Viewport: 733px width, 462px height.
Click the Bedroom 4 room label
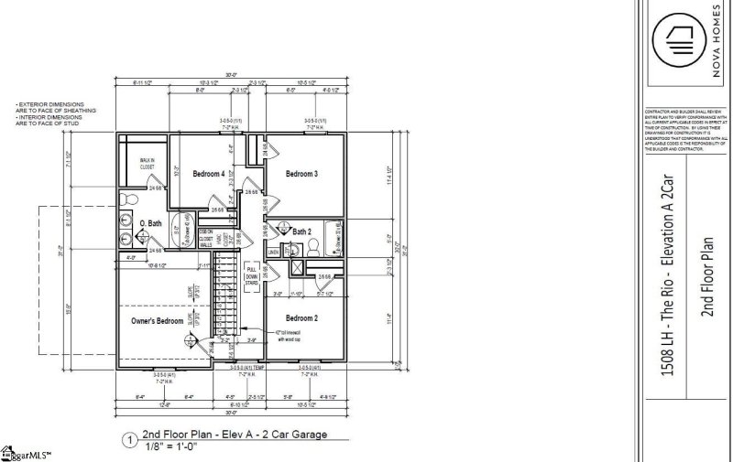pos(209,174)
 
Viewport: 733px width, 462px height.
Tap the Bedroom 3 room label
pos(301,174)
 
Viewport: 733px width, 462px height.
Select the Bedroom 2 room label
pos(301,317)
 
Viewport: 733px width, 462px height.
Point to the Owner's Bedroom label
pos(158,321)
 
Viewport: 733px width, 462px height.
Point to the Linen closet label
pos(273,251)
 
